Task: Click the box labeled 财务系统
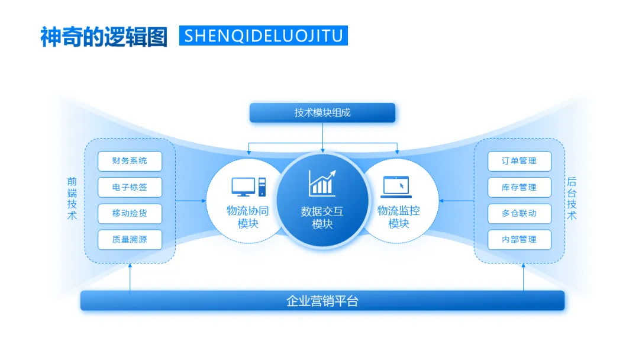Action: click(x=130, y=161)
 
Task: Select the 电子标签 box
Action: click(x=130, y=187)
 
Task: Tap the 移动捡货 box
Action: click(x=130, y=213)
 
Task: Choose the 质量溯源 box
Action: click(x=130, y=239)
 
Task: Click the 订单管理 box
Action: click(x=519, y=161)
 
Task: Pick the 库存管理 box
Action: click(x=519, y=187)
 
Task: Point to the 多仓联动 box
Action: click(x=519, y=213)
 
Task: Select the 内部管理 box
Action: click(x=519, y=239)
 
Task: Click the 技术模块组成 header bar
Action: click(x=322, y=112)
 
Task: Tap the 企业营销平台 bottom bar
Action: click(x=322, y=301)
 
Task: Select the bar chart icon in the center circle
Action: click(x=322, y=183)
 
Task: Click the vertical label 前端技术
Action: click(x=72, y=199)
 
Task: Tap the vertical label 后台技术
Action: click(x=572, y=199)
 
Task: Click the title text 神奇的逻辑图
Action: click(x=104, y=36)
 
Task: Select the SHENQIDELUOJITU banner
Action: click(x=263, y=36)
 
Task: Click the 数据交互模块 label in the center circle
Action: click(x=322, y=217)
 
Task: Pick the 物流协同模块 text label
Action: click(x=248, y=217)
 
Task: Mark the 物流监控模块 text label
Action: click(x=398, y=217)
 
